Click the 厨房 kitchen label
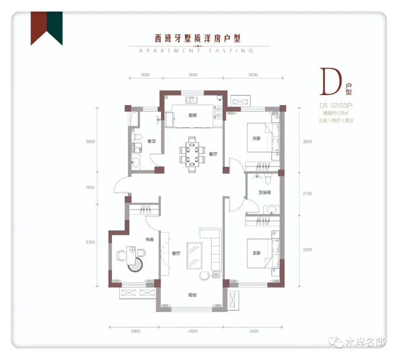pyautogui.click(x=193, y=115)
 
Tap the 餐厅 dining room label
pyautogui.click(x=213, y=154)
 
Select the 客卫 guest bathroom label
pyautogui.click(x=151, y=141)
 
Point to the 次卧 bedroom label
pyautogui.click(x=256, y=139)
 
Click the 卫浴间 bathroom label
pyautogui.click(x=265, y=192)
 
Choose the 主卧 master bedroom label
pyautogui.click(x=256, y=253)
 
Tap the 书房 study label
pyautogui.click(x=150, y=240)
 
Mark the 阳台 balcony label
pyautogui.click(x=192, y=295)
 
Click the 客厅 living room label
pyautogui.click(x=176, y=254)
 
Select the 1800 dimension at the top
pyautogui.click(x=145, y=75)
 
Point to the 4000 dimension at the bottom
pyautogui.click(x=193, y=331)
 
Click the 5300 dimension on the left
pyautogui.click(x=90, y=242)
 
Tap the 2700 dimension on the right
pyautogui.click(x=307, y=193)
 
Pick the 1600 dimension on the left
pyautogui.click(x=90, y=187)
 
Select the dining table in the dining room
pyautogui.click(x=192, y=155)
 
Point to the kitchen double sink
pyautogui.click(x=192, y=100)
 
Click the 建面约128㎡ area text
pyautogui.click(x=336, y=113)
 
